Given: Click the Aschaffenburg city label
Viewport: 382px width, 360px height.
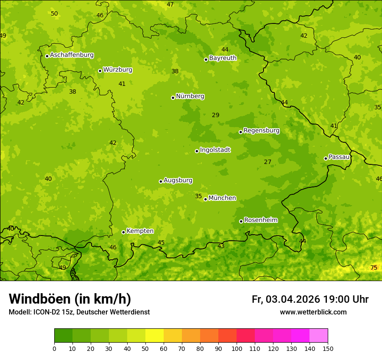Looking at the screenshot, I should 72,55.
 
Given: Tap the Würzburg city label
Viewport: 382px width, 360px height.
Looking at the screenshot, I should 118,70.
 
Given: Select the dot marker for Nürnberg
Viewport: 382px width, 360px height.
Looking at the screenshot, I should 173,98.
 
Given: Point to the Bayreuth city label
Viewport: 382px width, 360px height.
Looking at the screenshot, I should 223,58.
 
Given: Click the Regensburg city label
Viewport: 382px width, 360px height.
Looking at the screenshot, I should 261,131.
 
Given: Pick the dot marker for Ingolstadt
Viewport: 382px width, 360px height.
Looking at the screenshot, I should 197,151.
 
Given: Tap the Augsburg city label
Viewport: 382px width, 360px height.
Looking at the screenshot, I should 178,180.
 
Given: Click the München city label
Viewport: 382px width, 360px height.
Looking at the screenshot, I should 222,198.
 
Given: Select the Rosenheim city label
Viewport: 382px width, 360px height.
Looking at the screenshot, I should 260,220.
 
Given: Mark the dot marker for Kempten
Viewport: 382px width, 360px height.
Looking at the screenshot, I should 123,232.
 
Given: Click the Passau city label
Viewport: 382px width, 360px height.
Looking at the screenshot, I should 339,157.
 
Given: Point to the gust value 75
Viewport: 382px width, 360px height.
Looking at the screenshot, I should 374,268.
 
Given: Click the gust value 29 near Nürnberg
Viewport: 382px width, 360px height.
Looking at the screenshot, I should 215,115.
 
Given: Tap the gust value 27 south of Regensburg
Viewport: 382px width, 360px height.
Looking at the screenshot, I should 267,162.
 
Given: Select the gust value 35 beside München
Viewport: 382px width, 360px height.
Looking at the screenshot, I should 198,196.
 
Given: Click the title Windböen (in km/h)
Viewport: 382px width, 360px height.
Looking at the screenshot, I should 70,299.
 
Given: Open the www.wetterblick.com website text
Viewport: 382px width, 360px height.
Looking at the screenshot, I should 313,312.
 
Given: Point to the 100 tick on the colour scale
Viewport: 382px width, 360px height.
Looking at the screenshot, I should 237,348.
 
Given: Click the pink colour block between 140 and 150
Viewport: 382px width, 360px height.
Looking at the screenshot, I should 319,336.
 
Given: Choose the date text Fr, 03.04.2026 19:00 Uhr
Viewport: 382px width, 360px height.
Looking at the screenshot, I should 310,299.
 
